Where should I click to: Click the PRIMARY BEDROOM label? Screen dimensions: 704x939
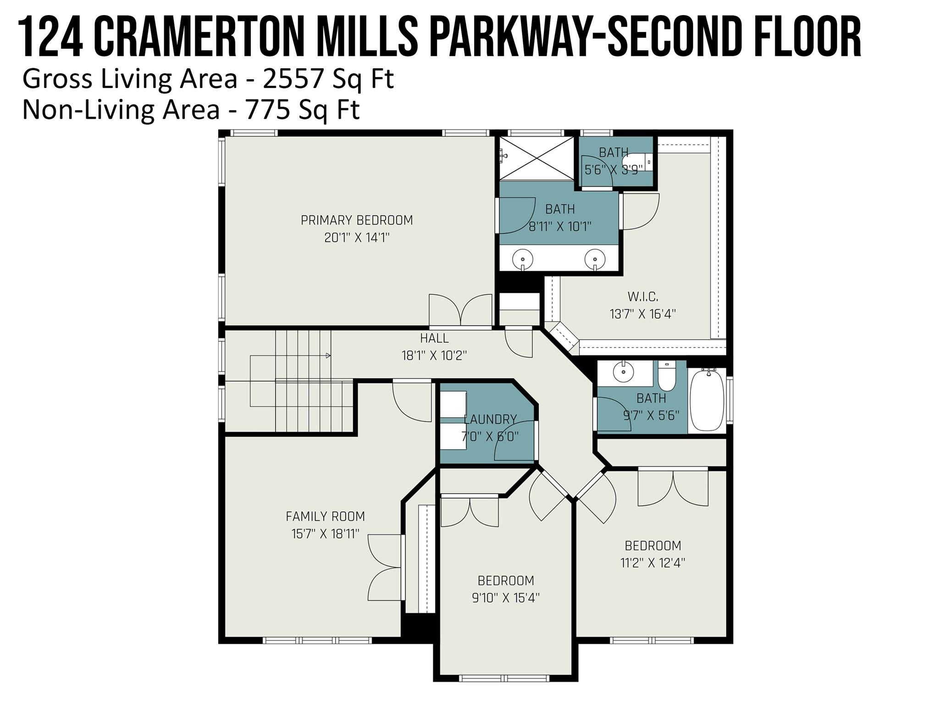pos(357,220)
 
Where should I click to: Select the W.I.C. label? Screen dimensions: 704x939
pos(643,297)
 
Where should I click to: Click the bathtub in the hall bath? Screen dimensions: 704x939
pos(707,400)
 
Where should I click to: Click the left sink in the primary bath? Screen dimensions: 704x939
pos(523,259)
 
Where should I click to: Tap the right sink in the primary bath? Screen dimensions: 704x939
pos(595,259)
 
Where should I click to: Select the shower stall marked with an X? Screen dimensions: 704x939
pos(536,158)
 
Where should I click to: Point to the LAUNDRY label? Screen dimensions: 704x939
pos(490,419)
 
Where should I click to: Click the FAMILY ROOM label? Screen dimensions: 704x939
pos(325,517)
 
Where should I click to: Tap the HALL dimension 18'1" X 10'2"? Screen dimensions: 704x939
pos(434,356)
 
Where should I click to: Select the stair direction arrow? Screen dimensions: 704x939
pos(328,356)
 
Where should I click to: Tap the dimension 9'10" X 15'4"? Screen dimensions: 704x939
pos(506,598)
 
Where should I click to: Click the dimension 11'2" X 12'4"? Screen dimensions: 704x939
pos(652,563)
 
